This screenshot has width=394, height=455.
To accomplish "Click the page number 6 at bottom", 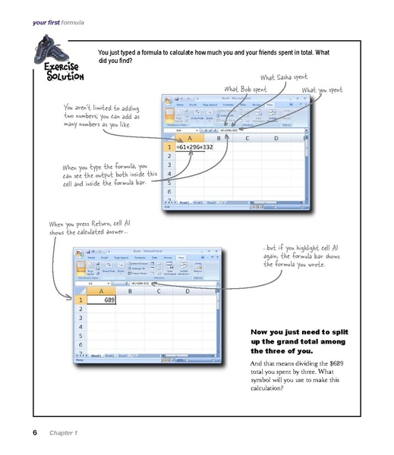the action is [x=35, y=432].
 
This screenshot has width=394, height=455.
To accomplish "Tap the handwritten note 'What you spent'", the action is [x=329, y=90].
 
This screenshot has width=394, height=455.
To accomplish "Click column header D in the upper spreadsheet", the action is [x=275, y=137].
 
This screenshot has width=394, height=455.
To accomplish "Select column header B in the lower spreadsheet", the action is [x=130, y=290].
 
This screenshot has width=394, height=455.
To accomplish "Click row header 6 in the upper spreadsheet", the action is [x=170, y=193].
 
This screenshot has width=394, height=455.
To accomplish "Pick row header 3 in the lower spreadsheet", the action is [x=80, y=322].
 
